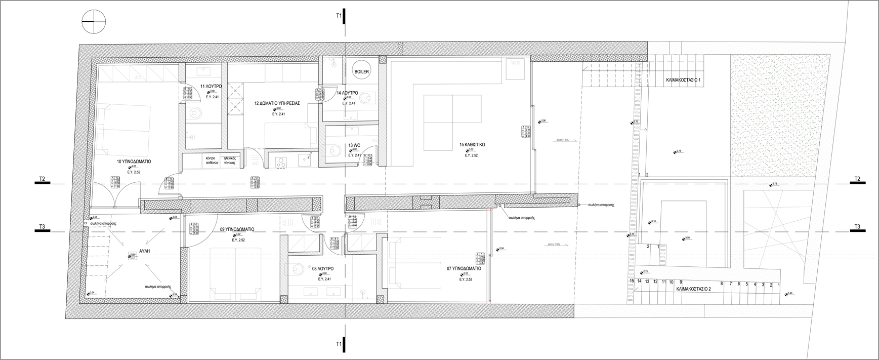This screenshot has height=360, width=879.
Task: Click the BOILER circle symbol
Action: [362, 72]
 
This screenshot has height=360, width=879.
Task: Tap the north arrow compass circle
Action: [94, 22]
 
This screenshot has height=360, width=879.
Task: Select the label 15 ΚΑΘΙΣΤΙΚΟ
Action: [472, 145]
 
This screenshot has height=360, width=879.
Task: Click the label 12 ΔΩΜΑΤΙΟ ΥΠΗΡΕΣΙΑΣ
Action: [277, 103]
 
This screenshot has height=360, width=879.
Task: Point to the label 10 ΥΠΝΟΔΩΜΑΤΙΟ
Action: [134, 162]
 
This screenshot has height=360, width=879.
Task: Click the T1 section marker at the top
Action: [341, 16]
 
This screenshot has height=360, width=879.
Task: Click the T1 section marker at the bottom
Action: [341, 344]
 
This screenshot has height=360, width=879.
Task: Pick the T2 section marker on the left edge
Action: [43, 179]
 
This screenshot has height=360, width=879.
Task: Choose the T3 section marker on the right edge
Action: [857, 227]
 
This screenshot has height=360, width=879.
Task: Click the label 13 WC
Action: [354, 145]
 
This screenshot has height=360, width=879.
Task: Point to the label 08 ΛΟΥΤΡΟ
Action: [322, 268]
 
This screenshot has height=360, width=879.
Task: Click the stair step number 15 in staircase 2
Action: [632, 281]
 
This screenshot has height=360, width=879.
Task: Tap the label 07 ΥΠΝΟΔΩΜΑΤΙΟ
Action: [464, 268]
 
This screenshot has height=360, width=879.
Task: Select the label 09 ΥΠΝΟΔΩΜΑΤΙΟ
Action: [237, 229]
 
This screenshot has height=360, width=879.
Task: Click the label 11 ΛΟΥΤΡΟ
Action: [211, 87]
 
